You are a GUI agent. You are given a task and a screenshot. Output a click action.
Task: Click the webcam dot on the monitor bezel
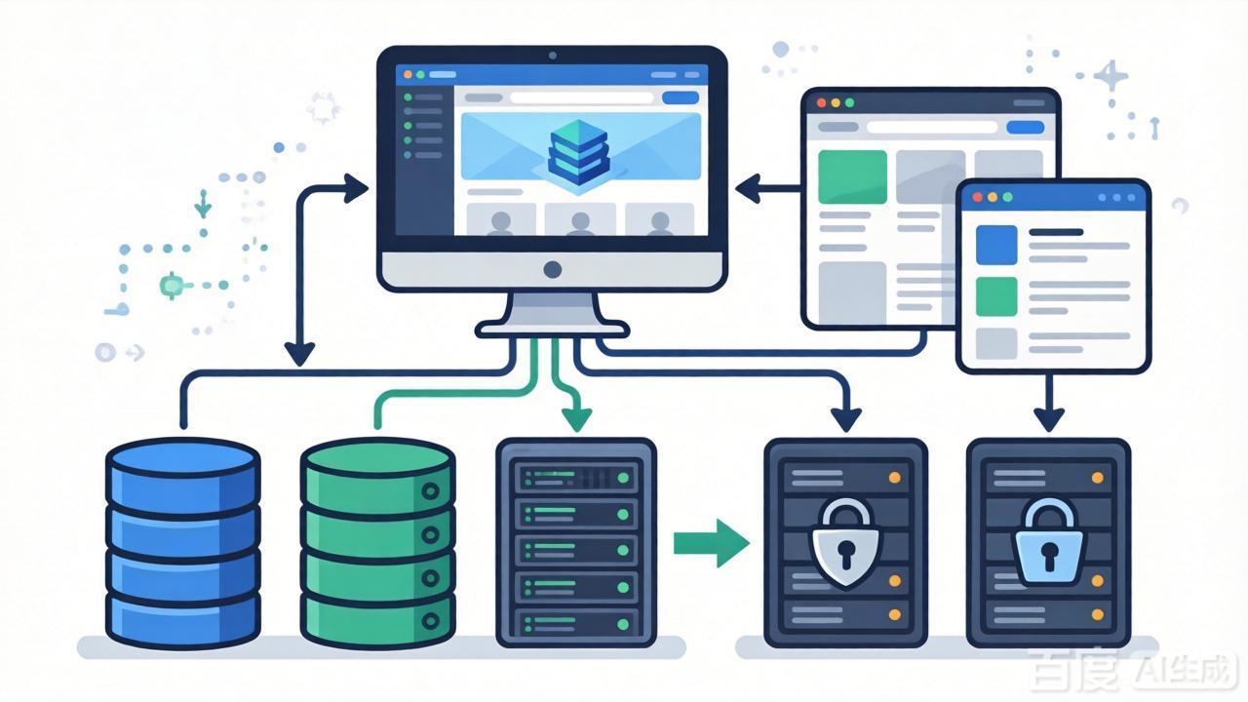[553, 56]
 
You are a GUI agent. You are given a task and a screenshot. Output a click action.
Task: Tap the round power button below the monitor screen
[552, 270]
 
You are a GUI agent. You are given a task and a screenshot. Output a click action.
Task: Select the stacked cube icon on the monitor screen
[578, 152]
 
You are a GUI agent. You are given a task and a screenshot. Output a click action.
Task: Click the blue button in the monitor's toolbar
[681, 98]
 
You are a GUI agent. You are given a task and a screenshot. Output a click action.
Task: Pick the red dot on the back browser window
[821, 103]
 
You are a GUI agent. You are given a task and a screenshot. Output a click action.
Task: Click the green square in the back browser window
[852, 176]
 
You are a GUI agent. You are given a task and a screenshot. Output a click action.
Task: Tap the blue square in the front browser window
[996, 245]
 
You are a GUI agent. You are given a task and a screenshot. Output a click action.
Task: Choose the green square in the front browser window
[996, 296]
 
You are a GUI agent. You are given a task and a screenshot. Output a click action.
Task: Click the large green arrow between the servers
[712, 543]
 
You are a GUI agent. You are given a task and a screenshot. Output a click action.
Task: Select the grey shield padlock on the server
[845, 543]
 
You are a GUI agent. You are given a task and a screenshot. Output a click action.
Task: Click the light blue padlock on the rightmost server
[1048, 542]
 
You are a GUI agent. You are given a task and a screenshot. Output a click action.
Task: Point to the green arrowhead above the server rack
[576, 419]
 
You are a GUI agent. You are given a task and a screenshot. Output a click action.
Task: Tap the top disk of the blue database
[182, 458]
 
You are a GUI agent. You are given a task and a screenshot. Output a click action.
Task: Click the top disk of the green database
[377, 458]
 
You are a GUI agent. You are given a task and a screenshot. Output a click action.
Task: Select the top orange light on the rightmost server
[1098, 478]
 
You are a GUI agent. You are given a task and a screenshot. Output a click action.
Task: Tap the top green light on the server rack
[623, 478]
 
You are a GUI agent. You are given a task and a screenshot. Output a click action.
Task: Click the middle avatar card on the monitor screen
[580, 219]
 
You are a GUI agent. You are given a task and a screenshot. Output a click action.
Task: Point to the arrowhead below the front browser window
[1049, 419]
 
